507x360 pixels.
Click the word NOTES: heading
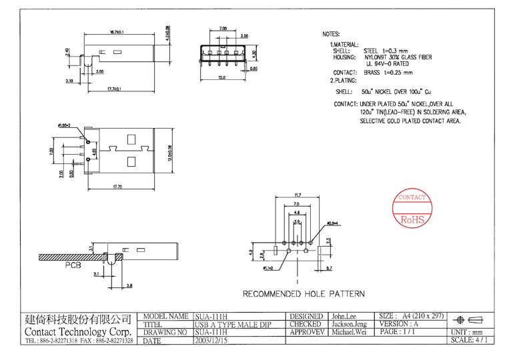331,34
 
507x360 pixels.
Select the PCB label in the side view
75,265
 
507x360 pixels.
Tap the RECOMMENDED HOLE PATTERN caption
304,293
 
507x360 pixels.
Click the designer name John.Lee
344,316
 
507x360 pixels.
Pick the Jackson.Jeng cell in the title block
349,324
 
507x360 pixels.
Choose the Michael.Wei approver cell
349,332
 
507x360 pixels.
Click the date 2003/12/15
211,340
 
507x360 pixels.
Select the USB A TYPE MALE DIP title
233,324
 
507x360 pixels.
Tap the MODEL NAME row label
165,316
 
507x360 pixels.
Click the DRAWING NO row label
165,332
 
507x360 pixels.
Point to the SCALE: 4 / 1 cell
469,340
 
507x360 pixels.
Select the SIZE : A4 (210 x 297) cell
410,316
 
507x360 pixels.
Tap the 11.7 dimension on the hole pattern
298,195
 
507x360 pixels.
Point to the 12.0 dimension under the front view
222,78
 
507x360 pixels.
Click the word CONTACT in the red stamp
412,198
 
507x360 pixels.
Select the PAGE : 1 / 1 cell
398,332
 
